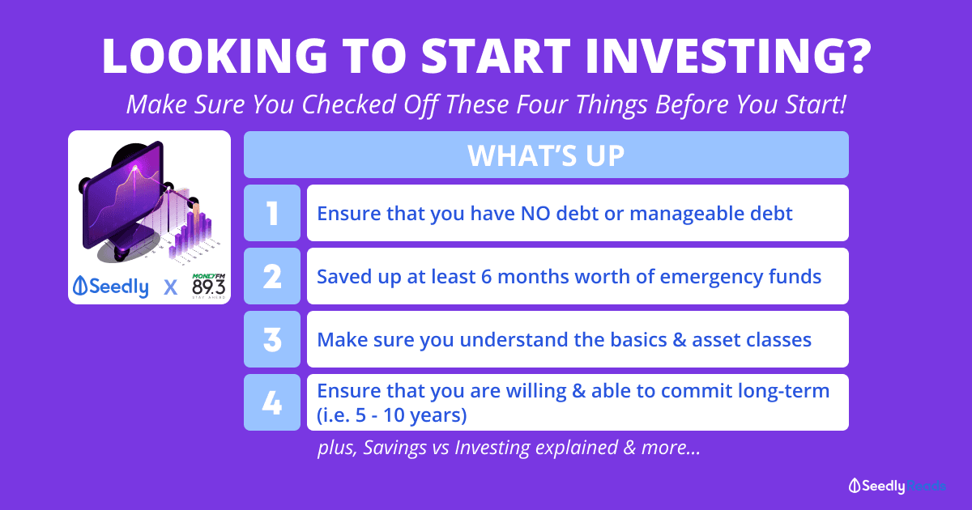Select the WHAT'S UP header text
coord(546,155)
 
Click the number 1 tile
coord(272,213)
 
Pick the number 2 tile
coord(272,276)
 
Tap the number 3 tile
coord(272,339)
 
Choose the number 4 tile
coord(272,402)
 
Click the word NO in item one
coord(535,214)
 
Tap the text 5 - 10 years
coord(410,415)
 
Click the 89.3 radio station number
coord(209,287)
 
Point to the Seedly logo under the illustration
coord(111,287)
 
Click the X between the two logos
coord(171,287)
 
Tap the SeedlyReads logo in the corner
coord(897,486)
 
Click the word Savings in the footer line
coord(394,448)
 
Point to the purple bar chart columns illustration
coord(191,234)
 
